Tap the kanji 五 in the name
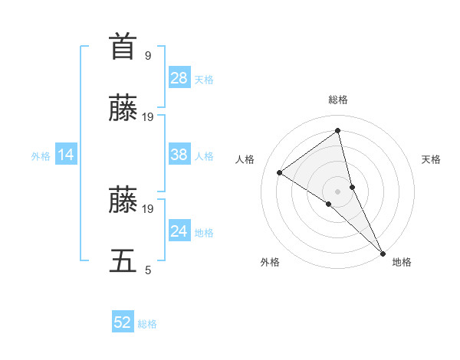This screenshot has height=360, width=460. (x=123, y=260)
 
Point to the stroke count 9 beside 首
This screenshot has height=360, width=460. (x=148, y=55)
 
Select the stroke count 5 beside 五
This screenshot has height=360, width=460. (x=148, y=270)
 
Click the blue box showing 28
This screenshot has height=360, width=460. (x=179, y=77)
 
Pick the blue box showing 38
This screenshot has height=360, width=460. (x=179, y=155)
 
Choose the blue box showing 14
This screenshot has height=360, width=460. (x=66, y=155)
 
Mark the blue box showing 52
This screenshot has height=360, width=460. (x=123, y=322)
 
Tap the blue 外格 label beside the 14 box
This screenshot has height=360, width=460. (x=41, y=155)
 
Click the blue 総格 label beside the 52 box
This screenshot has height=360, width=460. (x=147, y=324)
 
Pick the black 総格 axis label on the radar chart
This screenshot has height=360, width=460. (x=338, y=100)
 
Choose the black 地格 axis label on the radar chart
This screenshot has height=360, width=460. (x=402, y=262)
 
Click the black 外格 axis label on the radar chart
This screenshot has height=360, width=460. (x=270, y=262)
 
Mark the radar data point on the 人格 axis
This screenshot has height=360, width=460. (x=280, y=172)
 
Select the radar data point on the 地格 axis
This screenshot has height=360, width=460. (x=383, y=253)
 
